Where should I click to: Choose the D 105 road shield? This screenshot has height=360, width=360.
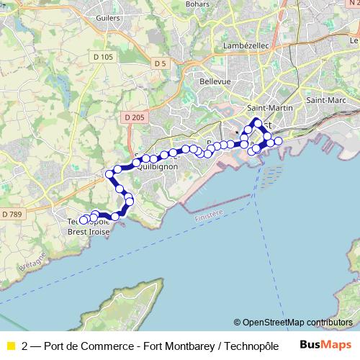(x=104, y=57)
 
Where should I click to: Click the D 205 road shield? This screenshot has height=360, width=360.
(x=134, y=117)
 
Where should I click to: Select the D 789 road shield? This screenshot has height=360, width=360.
(x=12, y=214)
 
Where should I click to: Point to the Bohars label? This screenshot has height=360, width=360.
(x=197, y=4)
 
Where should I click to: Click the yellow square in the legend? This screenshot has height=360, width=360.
(x=9, y=345)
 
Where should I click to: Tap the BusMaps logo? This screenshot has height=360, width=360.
(x=325, y=344)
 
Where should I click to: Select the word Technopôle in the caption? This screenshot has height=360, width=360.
(x=251, y=345)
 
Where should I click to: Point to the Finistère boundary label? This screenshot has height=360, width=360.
(x=209, y=211)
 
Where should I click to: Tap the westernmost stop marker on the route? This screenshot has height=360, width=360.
(x=84, y=220)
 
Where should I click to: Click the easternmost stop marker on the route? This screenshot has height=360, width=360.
(x=278, y=141)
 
